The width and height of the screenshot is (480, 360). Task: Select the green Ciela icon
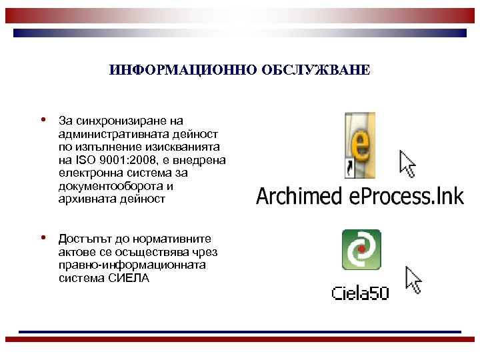tap(361, 249)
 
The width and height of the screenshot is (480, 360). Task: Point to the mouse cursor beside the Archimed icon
tap(407, 163)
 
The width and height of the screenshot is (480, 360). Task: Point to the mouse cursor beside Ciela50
tap(414, 280)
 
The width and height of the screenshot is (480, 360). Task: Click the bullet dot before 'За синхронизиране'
tap(42, 121)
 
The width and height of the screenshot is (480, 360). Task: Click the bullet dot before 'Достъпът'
tap(42, 237)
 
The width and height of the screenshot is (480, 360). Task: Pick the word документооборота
tap(109, 186)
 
